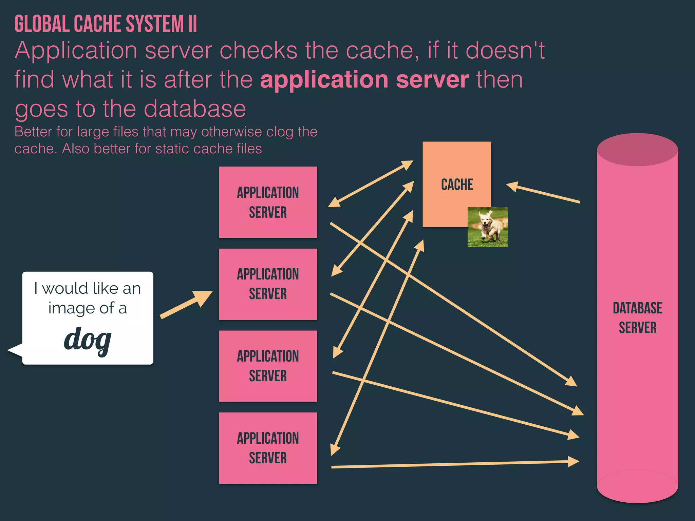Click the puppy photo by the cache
[x=487, y=227]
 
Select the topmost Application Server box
[x=268, y=202]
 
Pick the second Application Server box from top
[x=268, y=284]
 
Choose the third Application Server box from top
[x=268, y=366]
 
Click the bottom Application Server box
[x=268, y=448]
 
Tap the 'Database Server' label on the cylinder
[x=637, y=318]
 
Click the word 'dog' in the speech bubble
[x=88, y=340]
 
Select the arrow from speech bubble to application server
[x=186, y=305]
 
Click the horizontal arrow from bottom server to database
[x=455, y=464]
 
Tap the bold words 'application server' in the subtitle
[x=364, y=80]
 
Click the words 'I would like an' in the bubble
[x=88, y=289]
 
